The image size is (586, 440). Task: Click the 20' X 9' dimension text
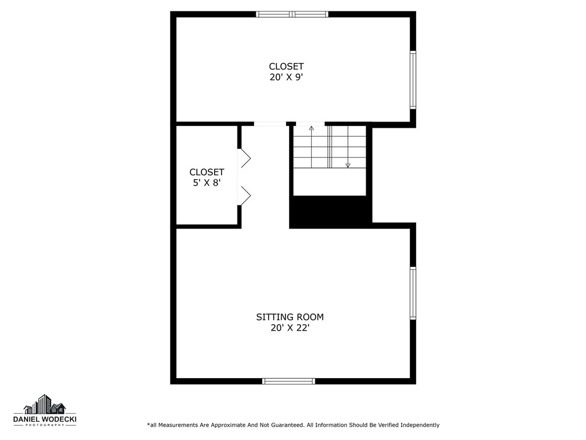[x=286, y=77]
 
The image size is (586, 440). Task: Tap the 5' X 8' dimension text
[x=207, y=183]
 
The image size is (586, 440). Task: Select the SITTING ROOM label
[x=290, y=317]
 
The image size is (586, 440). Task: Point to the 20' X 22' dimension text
[x=290, y=328]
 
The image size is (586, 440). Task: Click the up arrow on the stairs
[x=311, y=128]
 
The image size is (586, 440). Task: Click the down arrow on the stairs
[x=347, y=165]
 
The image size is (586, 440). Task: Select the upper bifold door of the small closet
[x=244, y=158]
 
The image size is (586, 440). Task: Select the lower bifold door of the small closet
[x=244, y=196]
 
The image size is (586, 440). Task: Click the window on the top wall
[x=292, y=14]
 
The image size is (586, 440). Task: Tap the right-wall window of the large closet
[x=413, y=80]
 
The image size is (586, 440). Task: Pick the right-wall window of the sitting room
[x=413, y=293]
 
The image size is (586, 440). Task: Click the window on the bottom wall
[x=288, y=381]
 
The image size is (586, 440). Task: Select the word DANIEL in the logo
[x=26, y=419]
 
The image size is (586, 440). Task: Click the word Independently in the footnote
[x=419, y=425]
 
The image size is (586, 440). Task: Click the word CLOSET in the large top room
[x=286, y=66]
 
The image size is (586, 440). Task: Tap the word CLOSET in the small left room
[x=207, y=172]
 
